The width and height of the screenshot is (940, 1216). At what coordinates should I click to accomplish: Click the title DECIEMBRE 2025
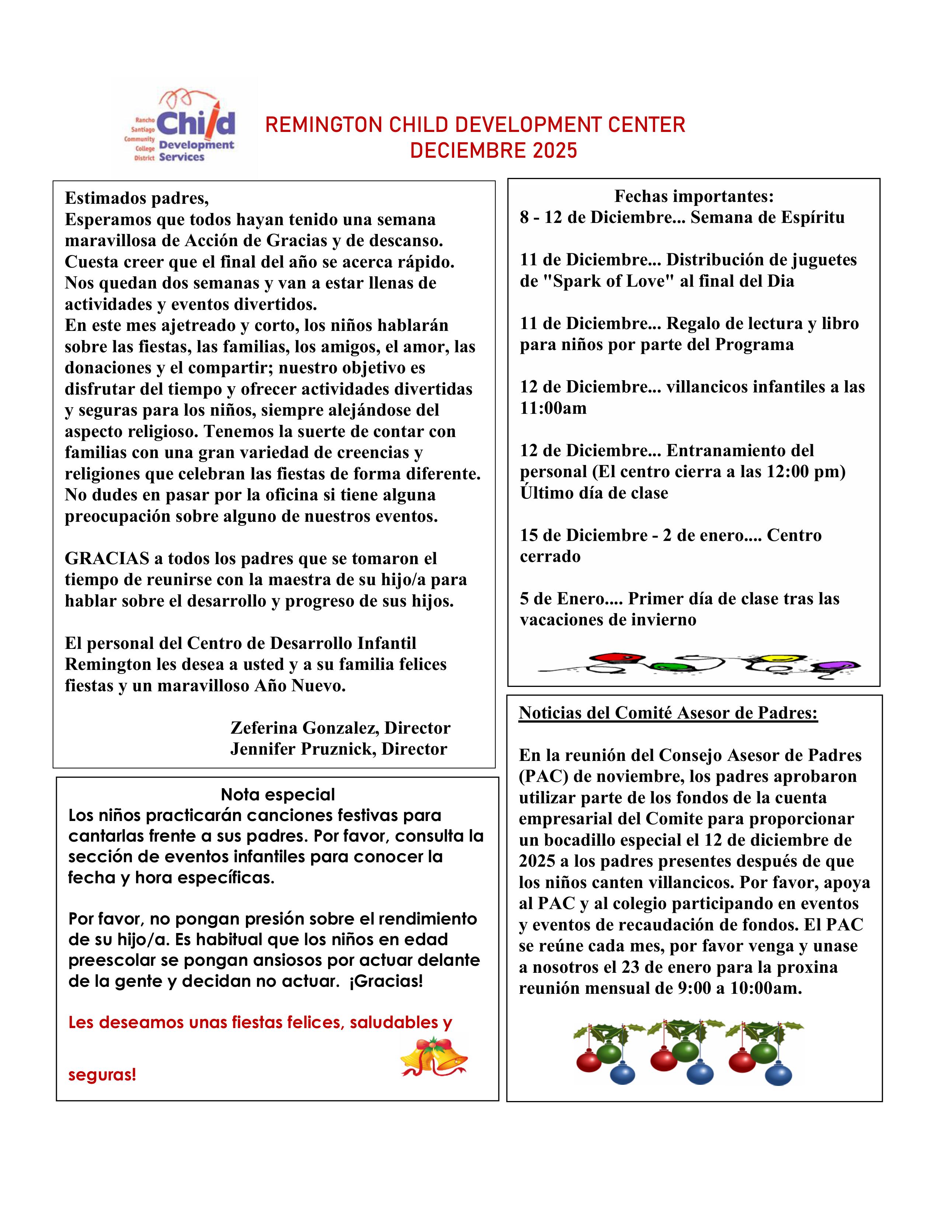point(493,151)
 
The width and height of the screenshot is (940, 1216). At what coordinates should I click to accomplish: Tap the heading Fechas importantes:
point(694,196)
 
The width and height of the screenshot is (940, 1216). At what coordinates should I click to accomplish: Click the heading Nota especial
point(278,794)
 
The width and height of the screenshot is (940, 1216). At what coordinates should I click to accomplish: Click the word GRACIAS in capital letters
point(107,559)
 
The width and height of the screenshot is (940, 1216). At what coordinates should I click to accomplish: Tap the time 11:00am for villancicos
point(553,408)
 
